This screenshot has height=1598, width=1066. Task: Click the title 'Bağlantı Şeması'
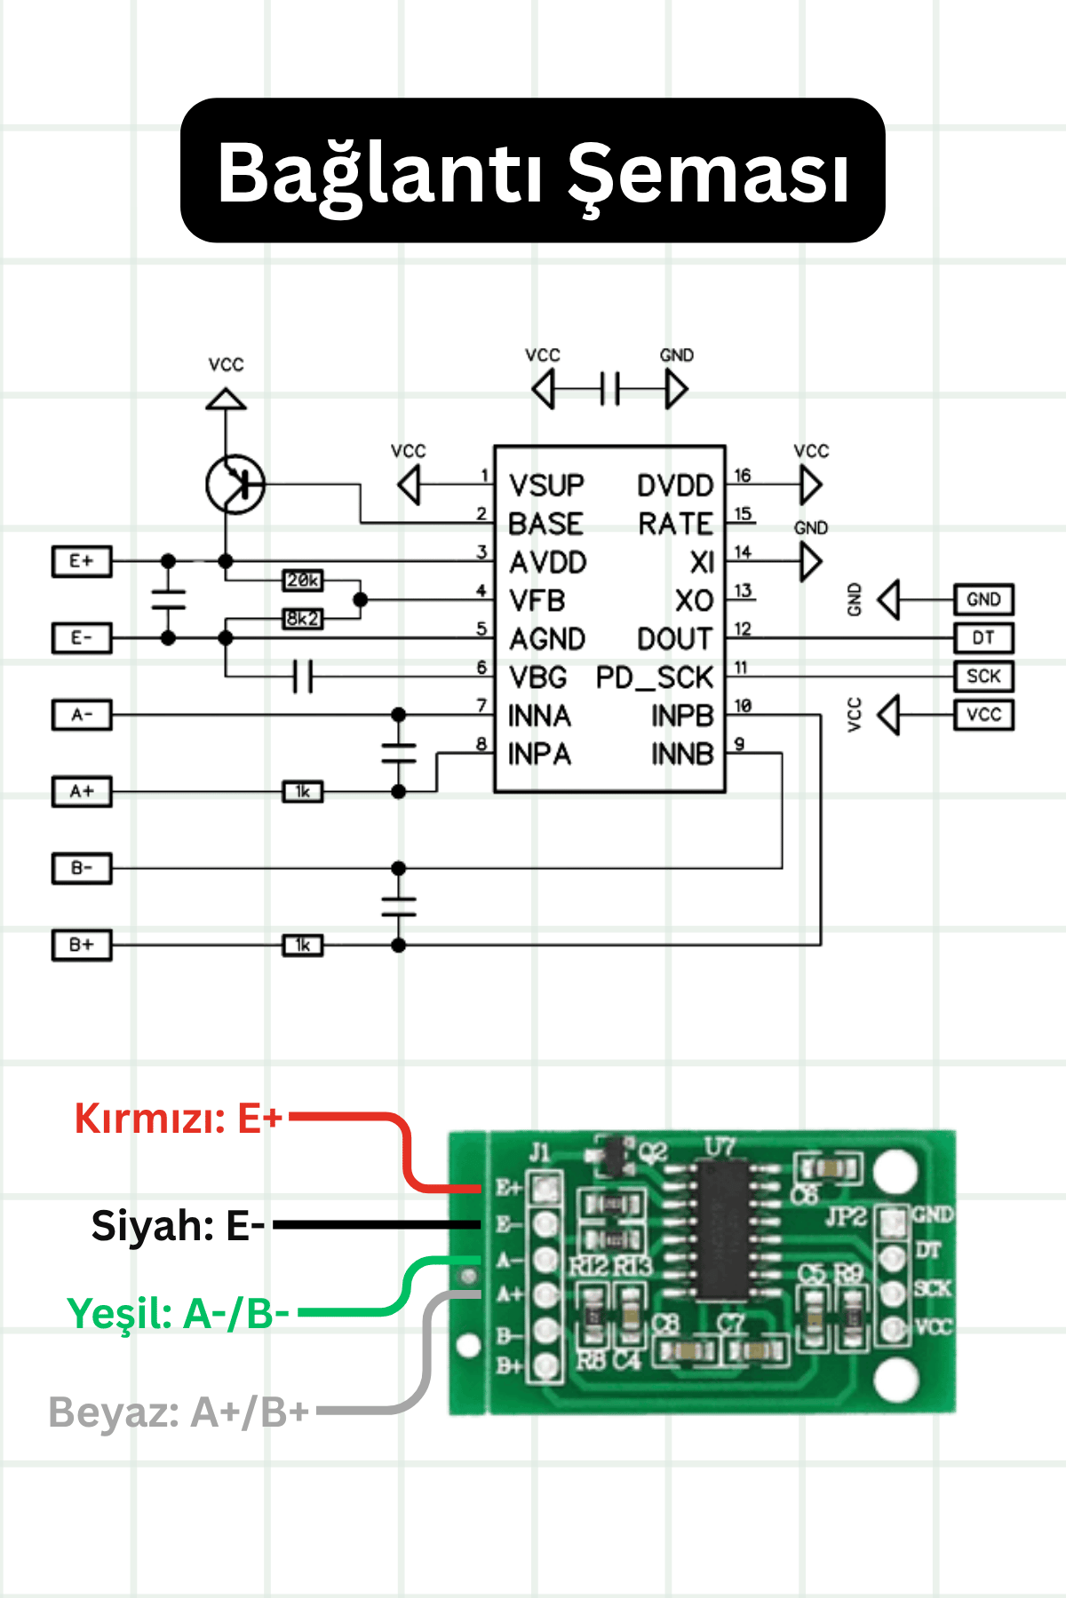[x=533, y=171]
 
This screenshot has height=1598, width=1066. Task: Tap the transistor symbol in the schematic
[x=235, y=484]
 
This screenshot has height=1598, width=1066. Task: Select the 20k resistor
[x=303, y=581]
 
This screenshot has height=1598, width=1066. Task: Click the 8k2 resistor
[x=303, y=618]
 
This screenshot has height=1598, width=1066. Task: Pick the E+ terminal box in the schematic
[x=82, y=562]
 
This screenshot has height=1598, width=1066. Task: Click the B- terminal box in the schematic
[x=82, y=868]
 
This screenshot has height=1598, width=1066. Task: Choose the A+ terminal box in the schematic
[x=82, y=791]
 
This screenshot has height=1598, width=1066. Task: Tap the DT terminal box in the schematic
[x=983, y=637]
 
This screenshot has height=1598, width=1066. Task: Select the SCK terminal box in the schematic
[x=983, y=676]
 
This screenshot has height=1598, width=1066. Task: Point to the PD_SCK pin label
[x=654, y=678]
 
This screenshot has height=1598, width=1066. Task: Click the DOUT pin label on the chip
[x=674, y=639]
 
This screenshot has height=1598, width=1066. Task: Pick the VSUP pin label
[x=546, y=486]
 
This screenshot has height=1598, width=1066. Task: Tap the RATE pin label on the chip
[x=675, y=524]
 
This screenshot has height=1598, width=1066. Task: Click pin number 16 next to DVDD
[x=743, y=476]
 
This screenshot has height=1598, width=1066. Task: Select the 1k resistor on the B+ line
[x=303, y=945]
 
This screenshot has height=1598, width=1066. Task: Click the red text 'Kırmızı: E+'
[x=178, y=1119]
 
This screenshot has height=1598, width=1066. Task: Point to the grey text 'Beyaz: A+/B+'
[x=178, y=1412]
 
